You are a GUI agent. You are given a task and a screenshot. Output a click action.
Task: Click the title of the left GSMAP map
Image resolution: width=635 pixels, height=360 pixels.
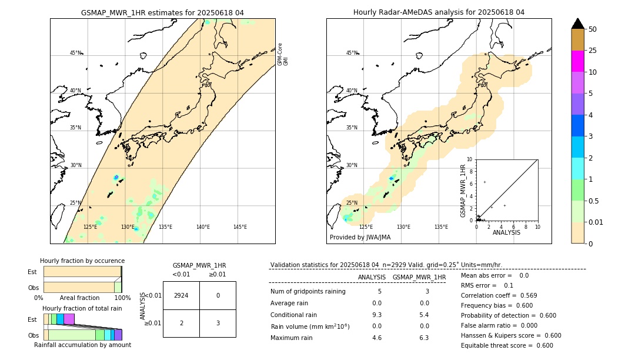click(x=162, y=12)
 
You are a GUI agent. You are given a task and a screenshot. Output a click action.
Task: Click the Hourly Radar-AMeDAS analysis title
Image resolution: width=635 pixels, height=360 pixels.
click(x=439, y=12)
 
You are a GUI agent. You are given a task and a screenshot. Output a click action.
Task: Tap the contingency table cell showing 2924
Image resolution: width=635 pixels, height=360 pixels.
click(x=181, y=295)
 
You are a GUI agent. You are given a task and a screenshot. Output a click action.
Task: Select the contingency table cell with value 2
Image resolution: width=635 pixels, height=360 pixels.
click(x=181, y=323)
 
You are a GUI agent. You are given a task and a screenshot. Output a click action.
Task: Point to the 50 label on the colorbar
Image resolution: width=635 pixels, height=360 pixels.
click(x=593, y=29)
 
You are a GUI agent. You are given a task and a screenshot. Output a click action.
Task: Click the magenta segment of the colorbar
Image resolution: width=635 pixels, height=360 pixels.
click(x=578, y=61)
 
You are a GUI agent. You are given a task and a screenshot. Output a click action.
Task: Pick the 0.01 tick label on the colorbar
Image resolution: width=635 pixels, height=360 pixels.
click(x=596, y=222)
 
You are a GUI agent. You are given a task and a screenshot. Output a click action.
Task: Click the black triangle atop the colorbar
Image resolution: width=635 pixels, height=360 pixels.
click(x=578, y=24)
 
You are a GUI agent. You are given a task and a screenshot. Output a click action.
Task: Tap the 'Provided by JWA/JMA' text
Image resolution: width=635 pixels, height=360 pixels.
click(x=360, y=238)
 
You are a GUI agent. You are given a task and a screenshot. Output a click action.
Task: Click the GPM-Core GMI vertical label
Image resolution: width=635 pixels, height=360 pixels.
click(x=283, y=54)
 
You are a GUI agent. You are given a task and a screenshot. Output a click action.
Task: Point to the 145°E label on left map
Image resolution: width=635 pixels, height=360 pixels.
click(x=240, y=227)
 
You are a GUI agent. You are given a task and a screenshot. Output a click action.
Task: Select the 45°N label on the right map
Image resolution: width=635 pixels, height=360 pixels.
click(x=352, y=53)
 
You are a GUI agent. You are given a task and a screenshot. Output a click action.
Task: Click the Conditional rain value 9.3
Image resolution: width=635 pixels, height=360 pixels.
click(x=377, y=315)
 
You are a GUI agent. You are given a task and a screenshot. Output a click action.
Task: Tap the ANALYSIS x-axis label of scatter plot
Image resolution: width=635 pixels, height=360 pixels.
click(x=506, y=232)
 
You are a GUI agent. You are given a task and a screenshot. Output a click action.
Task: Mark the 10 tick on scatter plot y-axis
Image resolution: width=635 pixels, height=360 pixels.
click(x=469, y=159)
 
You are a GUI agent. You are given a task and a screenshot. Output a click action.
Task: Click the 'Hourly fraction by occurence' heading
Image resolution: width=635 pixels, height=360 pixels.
click(x=82, y=261)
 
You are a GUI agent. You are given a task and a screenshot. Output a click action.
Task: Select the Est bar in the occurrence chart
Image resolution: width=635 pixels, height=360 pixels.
click(x=82, y=272)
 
